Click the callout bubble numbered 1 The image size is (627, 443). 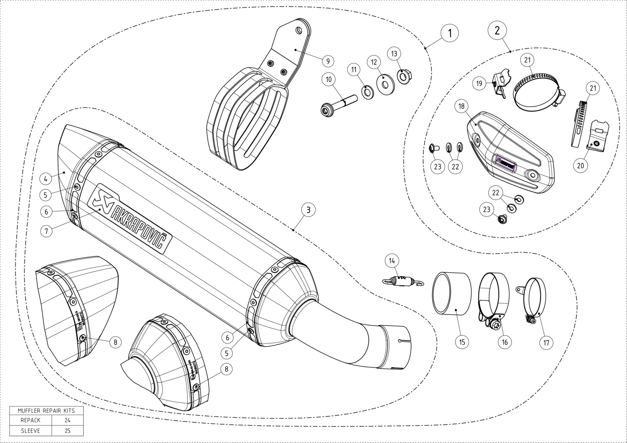[450, 33]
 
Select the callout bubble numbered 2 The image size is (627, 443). [497, 30]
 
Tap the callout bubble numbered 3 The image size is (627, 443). [308, 209]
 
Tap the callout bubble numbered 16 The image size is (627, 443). [505, 342]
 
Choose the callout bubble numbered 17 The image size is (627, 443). [546, 343]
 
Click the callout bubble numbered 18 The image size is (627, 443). [461, 106]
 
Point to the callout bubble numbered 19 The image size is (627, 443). [479, 84]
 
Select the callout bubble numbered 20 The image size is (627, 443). [580, 165]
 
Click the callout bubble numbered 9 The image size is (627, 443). [328, 61]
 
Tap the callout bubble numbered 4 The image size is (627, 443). [46, 179]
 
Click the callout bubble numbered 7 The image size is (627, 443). [46, 230]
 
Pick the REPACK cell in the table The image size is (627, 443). [31, 420]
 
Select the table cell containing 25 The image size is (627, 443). [67, 430]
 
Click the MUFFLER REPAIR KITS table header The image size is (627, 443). [46, 410]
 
